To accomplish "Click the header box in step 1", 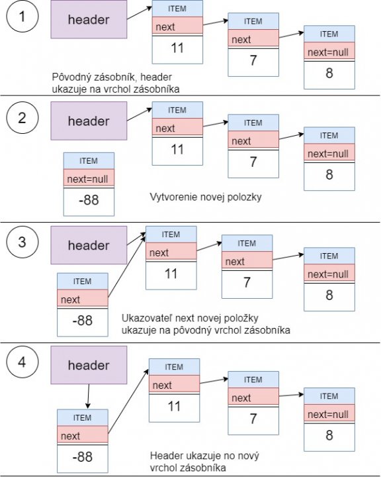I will click(89, 19).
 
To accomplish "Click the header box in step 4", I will click(89, 366).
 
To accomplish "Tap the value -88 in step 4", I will click(83, 456).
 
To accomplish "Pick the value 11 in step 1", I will click(177, 48).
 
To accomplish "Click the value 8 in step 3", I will click(329, 296).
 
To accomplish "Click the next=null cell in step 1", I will click(329, 51).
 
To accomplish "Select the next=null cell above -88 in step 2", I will click(89, 178).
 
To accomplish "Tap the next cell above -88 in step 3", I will click(83, 299).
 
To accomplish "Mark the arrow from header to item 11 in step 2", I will click(140, 114).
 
